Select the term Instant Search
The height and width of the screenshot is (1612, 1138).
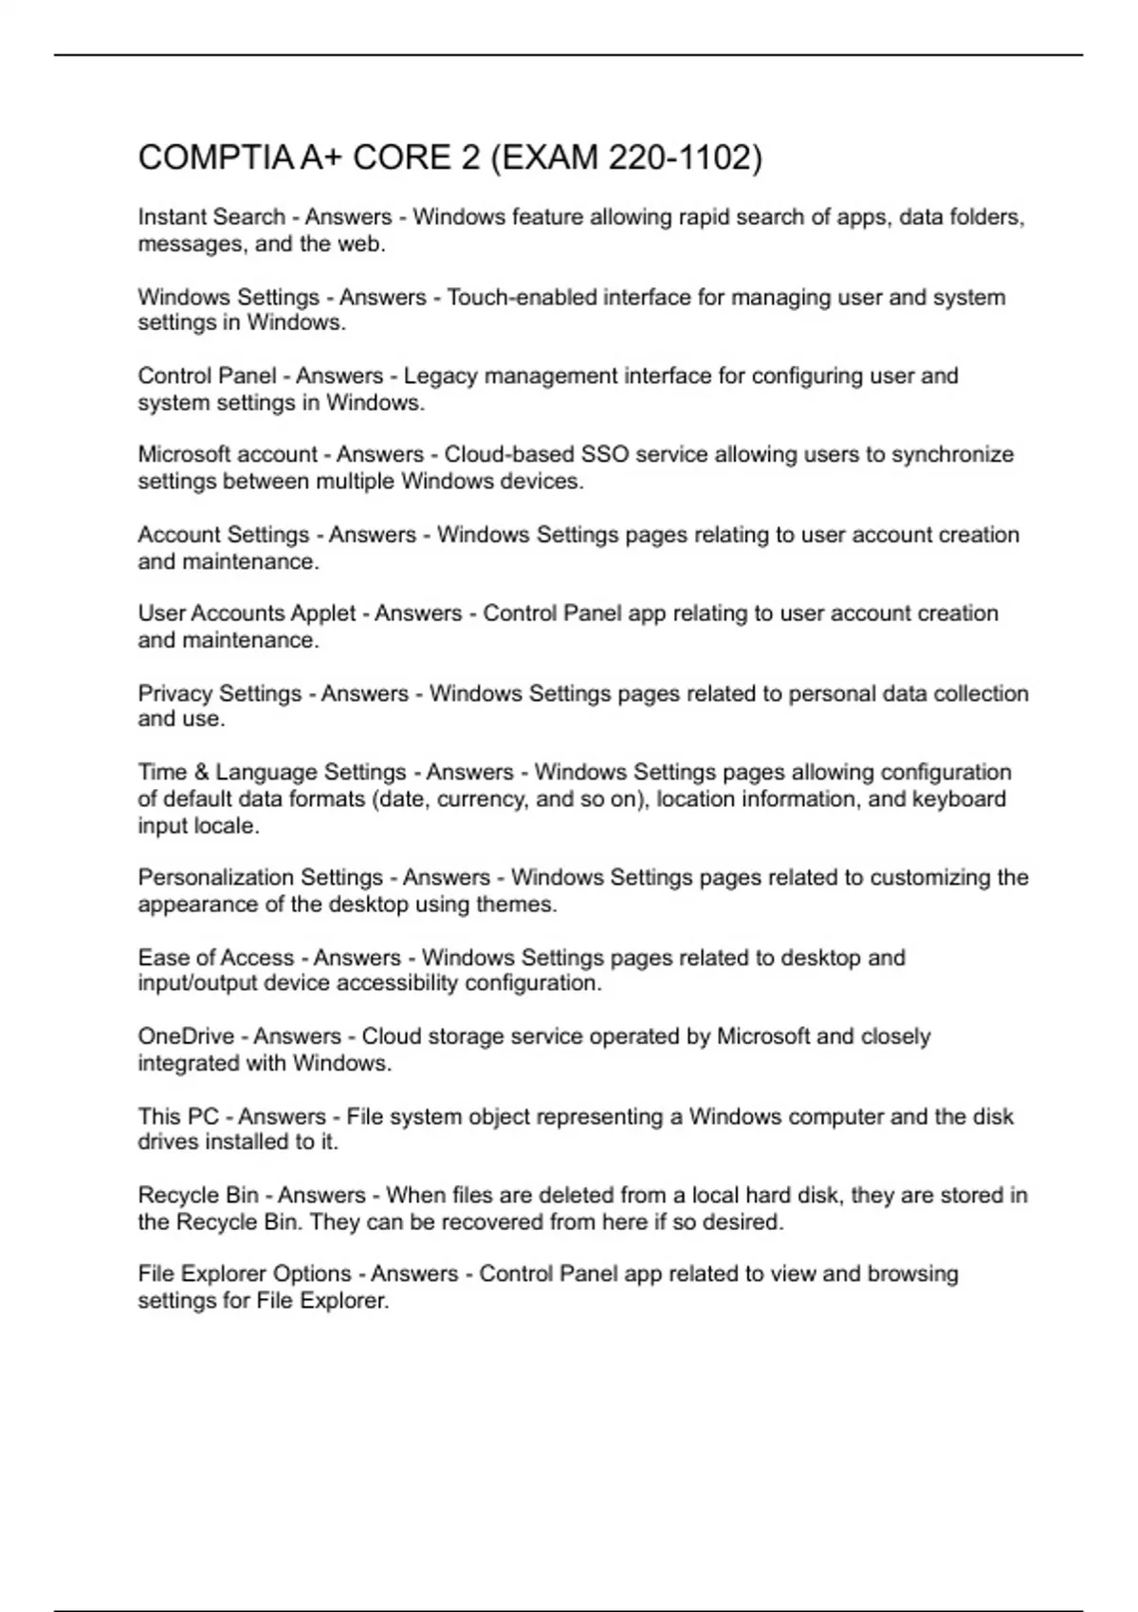pyautogui.click(x=211, y=217)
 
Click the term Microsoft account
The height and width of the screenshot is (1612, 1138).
pyautogui.click(x=228, y=454)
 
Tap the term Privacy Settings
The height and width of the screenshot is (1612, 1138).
pyautogui.click(x=219, y=693)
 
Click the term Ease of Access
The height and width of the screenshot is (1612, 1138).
pyautogui.click(x=215, y=958)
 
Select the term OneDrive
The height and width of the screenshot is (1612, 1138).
pyautogui.click(x=186, y=1036)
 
